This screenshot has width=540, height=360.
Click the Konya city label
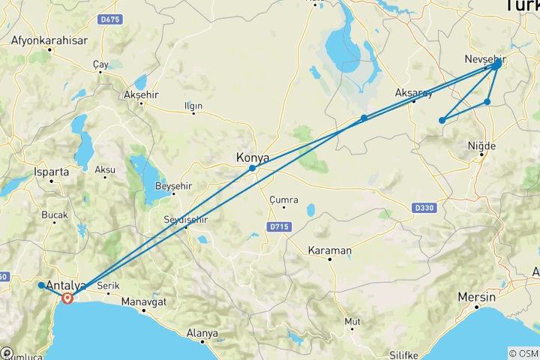coord(252,157)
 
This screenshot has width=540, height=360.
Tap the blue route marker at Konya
coord(253,169)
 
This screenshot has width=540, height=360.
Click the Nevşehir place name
coord(485,58)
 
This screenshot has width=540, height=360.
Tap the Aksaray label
coord(414,93)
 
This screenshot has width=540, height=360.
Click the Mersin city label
coord(477,297)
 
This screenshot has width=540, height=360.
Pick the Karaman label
coord(330,250)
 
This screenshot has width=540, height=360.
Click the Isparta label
coord(52,171)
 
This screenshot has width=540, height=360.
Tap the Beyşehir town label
coord(173,185)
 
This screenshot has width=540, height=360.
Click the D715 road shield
coord(277,226)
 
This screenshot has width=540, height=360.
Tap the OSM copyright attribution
coord(523,353)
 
